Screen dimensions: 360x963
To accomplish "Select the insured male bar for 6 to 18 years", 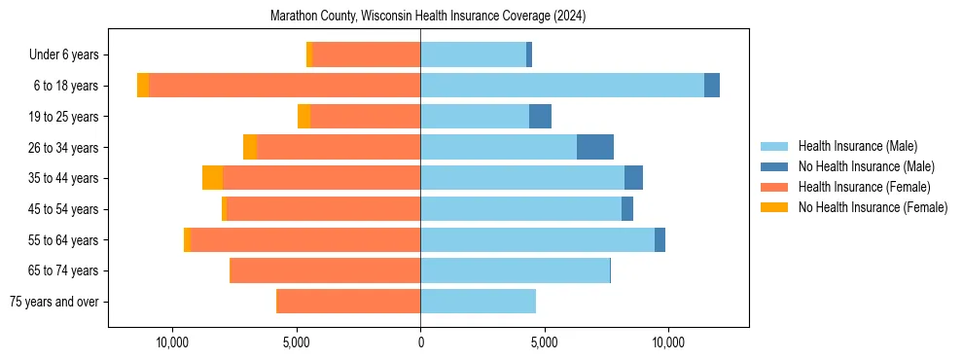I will [x=562, y=86].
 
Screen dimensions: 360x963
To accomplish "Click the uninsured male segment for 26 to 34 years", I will [x=595, y=147].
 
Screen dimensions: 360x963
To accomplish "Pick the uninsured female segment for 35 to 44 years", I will [x=212, y=178].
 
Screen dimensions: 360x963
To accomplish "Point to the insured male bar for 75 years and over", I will [x=478, y=302].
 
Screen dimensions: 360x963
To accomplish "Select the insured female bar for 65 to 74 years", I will [x=325, y=270].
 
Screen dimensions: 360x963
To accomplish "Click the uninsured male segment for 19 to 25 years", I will [x=540, y=117].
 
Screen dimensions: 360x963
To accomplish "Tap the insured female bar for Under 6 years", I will [x=367, y=54].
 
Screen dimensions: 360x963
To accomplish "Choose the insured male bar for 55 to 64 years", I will [x=537, y=239].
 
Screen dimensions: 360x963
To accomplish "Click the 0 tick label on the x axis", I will [x=420, y=342].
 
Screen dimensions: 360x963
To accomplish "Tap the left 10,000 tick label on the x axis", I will [x=172, y=342].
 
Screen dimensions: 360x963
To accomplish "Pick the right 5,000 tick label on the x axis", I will [x=545, y=342].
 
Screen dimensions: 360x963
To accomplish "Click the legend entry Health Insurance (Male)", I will [x=857, y=146].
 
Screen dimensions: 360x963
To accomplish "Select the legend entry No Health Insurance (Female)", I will [x=873, y=207].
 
